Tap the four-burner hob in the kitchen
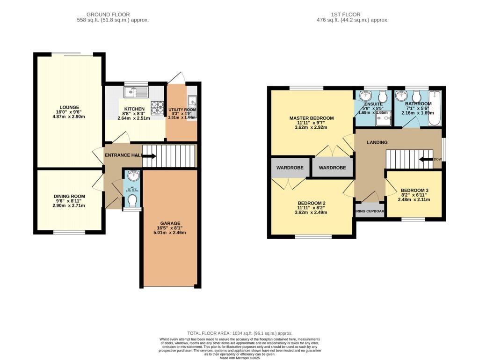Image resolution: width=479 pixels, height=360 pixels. (x=157, y=105)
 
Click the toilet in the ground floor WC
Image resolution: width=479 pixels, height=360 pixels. (x=132, y=201)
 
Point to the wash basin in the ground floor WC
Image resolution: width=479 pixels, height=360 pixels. (x=132, y=176)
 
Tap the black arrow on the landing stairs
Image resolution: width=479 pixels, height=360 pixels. (x=426, y=159)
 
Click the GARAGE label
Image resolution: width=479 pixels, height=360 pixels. (x=170, y=223)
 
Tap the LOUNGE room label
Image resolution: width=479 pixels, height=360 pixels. (x=69, y=107)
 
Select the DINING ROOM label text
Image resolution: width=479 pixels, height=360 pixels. (x=69, y=197)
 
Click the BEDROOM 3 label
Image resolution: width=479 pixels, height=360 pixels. (x=414, y=190)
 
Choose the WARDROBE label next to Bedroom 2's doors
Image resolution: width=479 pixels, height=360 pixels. (x=290, y=168)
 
